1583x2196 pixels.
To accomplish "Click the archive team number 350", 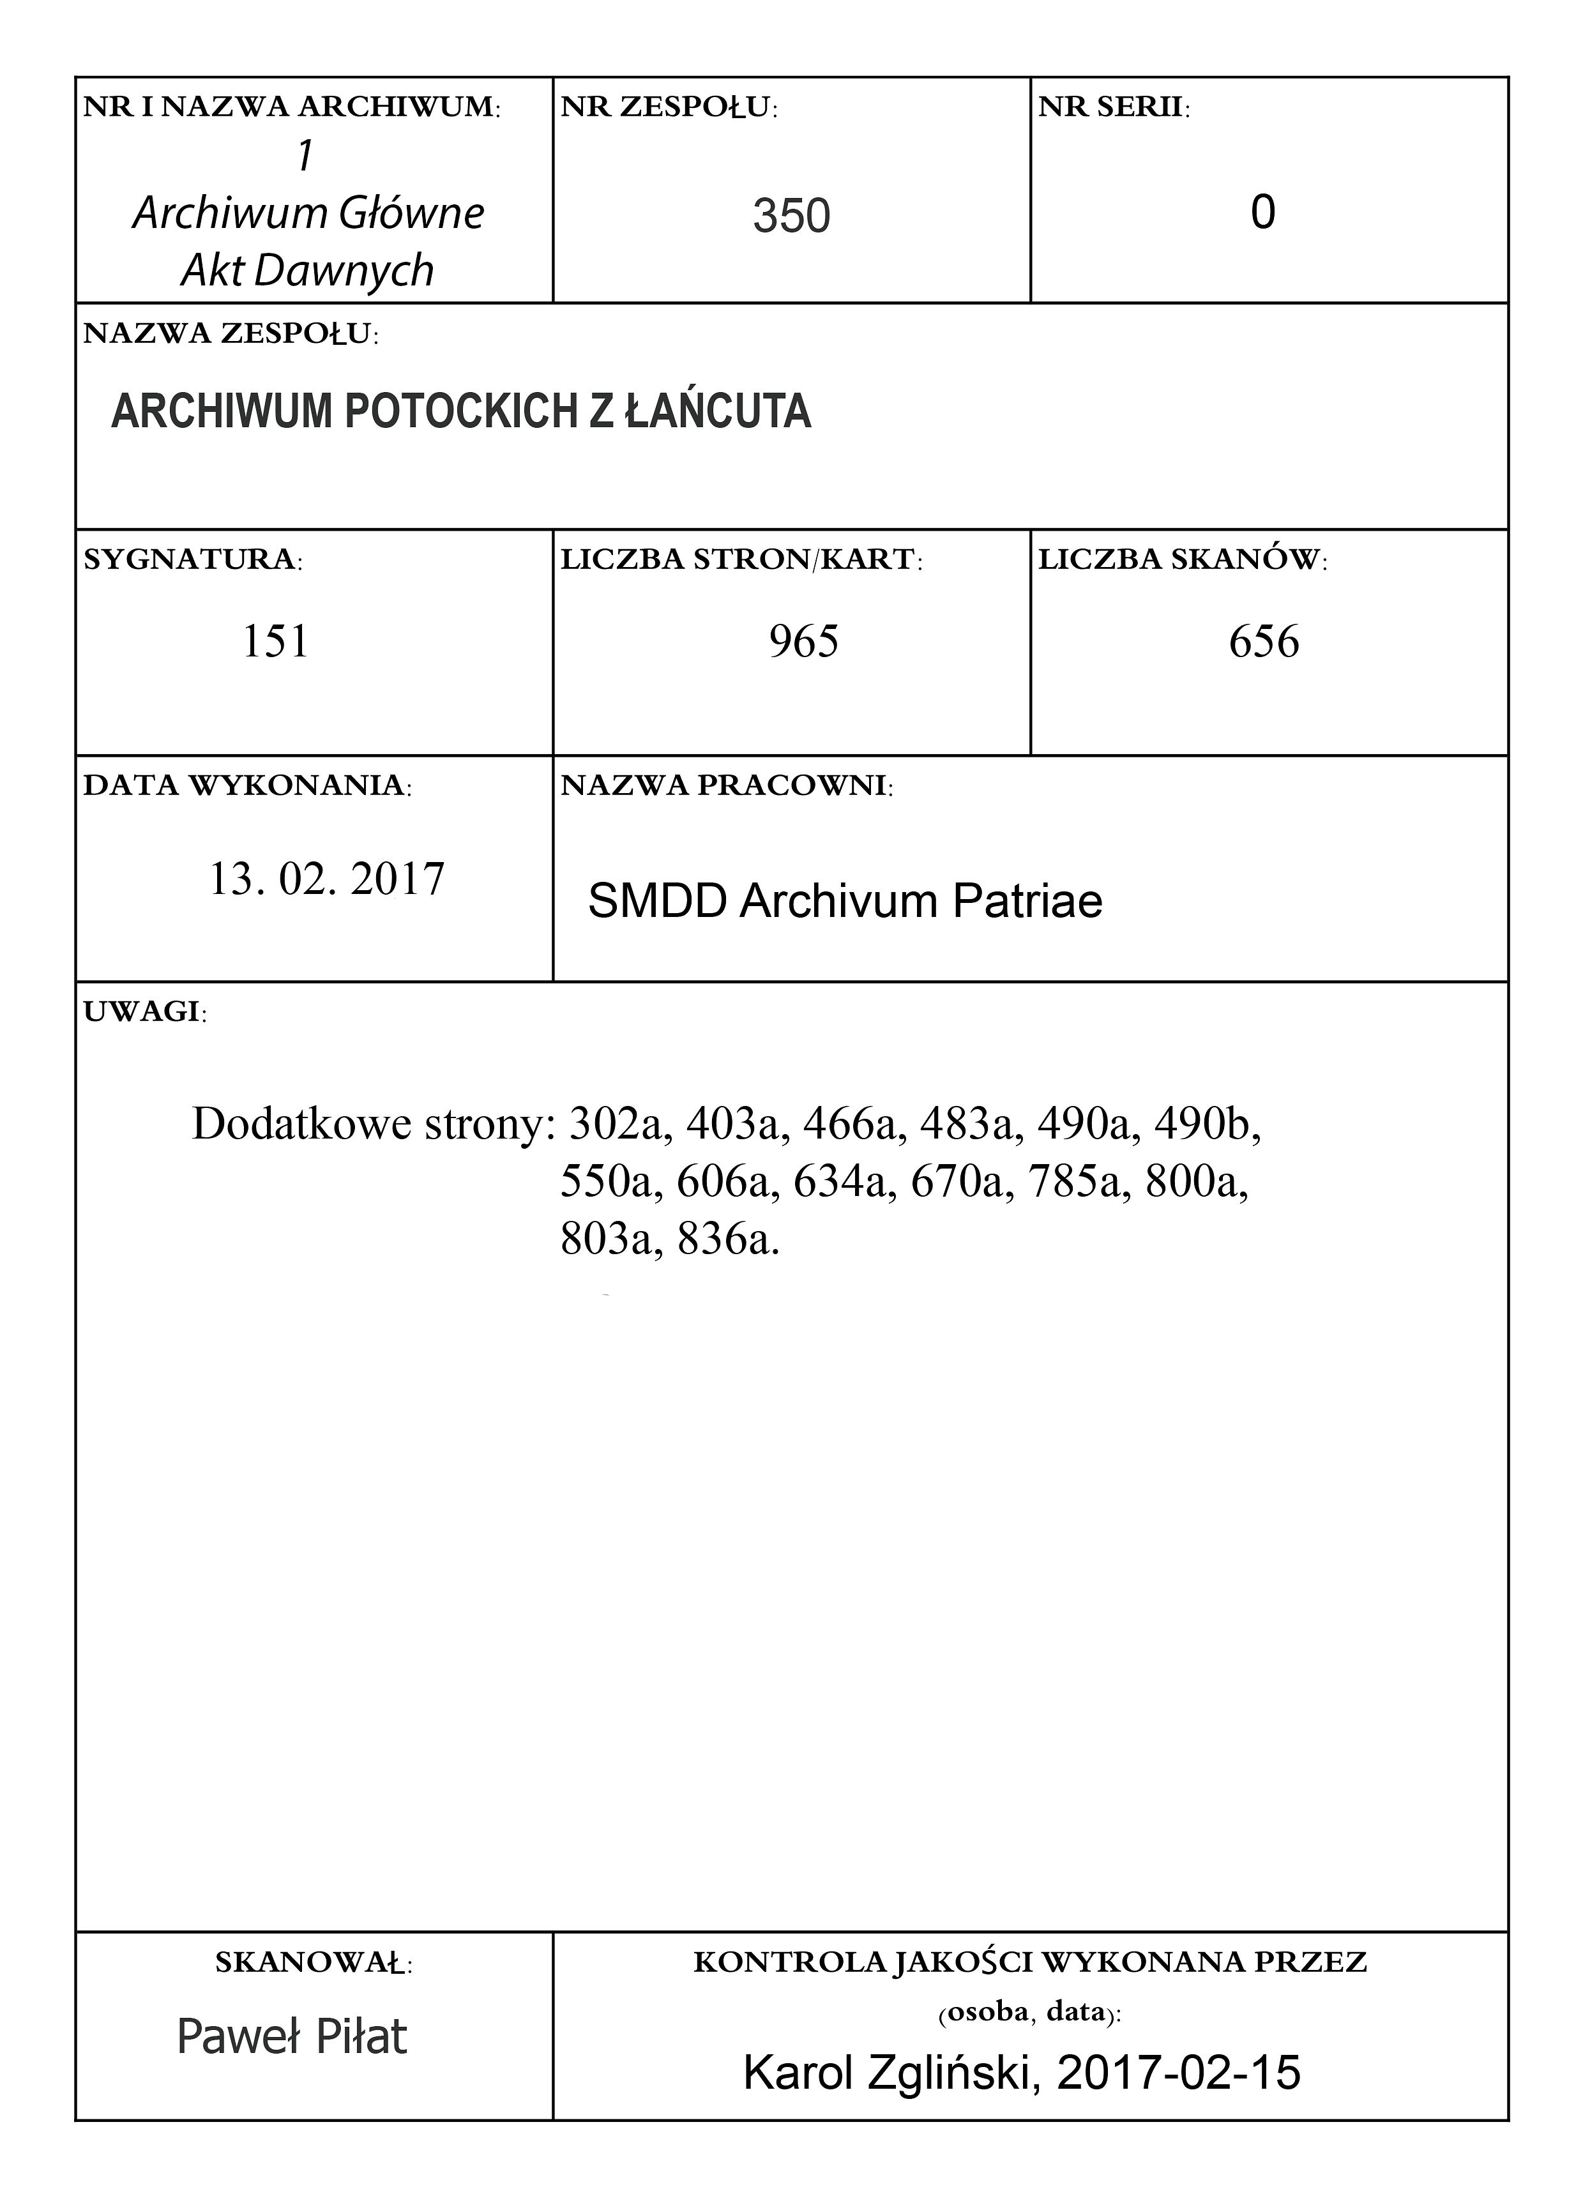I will point(791,215).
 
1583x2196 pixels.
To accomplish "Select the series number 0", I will point(1262,212).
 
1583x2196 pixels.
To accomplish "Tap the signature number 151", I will point(275,641).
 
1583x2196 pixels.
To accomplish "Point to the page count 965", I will point(803,641).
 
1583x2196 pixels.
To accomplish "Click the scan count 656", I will point(1264,641).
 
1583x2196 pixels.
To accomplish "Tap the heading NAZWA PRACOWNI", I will point(726,785).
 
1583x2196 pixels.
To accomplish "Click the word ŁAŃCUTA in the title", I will point(716,411).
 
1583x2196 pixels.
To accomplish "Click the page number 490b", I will point(1206,1123).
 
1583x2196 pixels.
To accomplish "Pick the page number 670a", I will point(962,1181).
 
